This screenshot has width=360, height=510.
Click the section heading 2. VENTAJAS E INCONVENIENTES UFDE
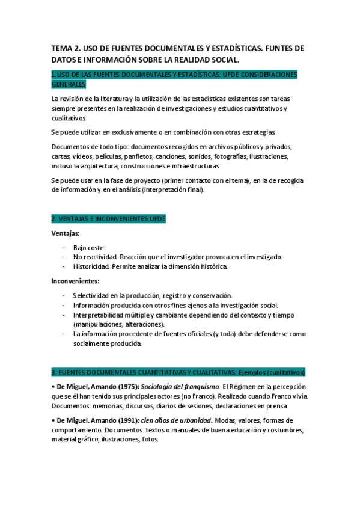[108, 219]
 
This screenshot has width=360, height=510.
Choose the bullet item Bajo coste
[89, 247]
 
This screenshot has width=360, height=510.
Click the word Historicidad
[94, 266]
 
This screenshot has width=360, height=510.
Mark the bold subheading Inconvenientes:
[75, 281]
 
